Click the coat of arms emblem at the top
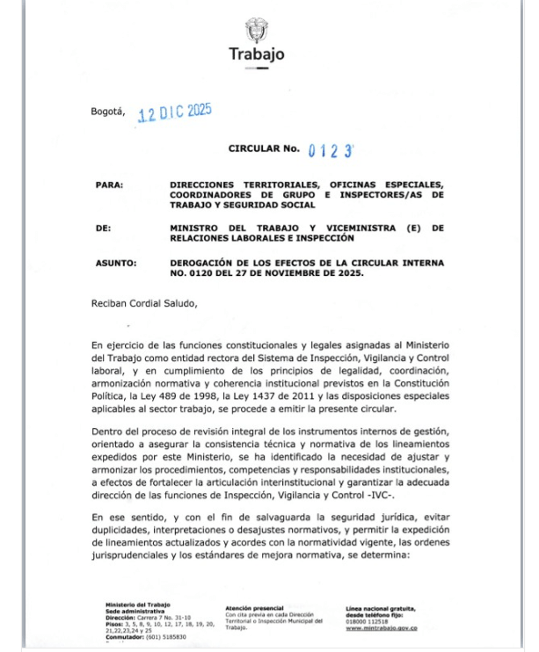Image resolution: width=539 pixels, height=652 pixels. [257, 27]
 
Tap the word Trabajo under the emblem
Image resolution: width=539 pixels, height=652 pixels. [257, 54]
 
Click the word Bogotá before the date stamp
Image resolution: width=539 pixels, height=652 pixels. [109, 112]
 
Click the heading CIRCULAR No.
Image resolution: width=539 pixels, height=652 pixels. [264, 150]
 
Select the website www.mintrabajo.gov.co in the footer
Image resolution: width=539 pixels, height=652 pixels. [381, 627]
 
